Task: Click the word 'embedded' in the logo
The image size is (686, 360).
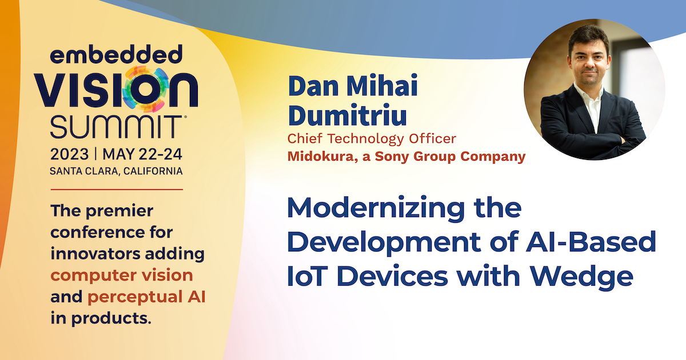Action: coord(116,54)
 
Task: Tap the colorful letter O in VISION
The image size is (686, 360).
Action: coord(145,89)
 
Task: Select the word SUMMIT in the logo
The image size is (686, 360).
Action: coord(115,127)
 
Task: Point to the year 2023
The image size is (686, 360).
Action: coord(70,154)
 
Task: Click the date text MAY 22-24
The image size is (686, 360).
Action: coord(142,154)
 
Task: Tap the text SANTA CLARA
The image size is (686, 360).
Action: coord(84,171)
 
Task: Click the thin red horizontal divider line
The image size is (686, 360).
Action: coord(117,190)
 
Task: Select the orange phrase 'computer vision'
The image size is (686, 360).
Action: coord(122,275)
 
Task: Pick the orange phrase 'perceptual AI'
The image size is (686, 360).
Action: coord(146,297)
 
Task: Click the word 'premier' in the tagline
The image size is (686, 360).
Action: coord(119,211)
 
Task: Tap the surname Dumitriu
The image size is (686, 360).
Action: coord(348,115)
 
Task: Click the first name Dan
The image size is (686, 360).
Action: coord(313,85)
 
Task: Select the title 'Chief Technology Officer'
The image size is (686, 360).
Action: coord(372,139)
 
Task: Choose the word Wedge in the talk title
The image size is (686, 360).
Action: coord(581,277)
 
